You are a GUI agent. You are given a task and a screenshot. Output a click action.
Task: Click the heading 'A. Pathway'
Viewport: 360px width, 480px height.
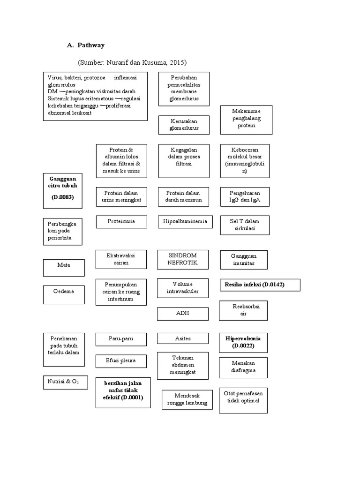tap(86, 45)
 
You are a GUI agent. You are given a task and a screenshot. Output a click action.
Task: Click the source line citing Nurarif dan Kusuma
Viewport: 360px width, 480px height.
tap(132, 62)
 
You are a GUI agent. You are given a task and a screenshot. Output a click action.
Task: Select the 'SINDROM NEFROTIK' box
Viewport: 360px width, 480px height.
tap(183, 259)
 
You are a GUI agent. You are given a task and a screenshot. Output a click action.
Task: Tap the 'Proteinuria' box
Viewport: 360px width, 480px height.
tap(121, 221)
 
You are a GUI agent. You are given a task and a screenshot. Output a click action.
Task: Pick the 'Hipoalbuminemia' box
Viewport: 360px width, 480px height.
tap(185, 221)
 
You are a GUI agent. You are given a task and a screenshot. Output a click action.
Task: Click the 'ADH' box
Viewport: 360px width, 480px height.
tap(183, 313)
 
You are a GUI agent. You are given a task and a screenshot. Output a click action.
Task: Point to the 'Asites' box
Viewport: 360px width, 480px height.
tap(183, 338)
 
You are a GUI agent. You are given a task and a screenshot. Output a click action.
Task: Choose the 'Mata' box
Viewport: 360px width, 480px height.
tap(64, 265)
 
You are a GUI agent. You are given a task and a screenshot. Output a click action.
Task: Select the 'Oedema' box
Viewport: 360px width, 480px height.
tap(64, 291)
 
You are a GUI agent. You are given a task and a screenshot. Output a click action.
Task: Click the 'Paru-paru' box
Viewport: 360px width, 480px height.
tap(121, 338)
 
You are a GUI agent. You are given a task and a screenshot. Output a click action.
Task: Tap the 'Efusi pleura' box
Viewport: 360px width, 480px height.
tap(121, 361)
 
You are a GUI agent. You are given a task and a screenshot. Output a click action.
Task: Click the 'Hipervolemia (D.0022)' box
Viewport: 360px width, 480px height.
tap(243, 342)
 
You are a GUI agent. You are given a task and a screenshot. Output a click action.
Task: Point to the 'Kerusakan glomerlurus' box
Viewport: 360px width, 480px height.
tap(184, 124)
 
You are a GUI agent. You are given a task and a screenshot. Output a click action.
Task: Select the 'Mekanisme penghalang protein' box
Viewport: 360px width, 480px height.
tap(246, 119)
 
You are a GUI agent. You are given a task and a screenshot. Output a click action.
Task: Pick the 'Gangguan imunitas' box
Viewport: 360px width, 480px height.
tap(244, 260)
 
